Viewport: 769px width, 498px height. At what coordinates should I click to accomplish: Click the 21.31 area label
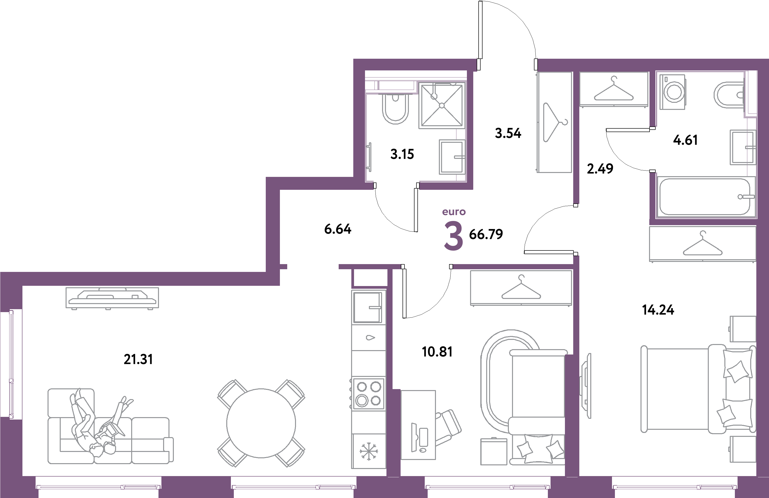[x=138, y=359]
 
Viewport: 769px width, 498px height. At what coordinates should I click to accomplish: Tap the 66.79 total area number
[x=486, y=234]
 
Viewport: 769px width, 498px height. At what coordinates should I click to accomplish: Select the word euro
[x=454, y=212]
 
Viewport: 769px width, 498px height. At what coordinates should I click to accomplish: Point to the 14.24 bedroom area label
[x=658, y=310]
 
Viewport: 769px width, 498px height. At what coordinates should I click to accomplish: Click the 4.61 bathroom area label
[x=685, y=140]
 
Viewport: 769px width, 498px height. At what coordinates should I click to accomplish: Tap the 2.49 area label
[x=600, y=169]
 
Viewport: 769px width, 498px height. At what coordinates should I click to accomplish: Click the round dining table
[x=261, y=423]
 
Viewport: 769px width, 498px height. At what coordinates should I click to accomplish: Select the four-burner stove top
[x=368, y=394]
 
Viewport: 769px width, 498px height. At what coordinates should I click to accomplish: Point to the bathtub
[x=705, y=196]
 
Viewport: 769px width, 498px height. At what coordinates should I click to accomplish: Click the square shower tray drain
[x=442, y=105]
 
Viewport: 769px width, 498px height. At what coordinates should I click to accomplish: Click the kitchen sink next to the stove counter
[x=368, y=307]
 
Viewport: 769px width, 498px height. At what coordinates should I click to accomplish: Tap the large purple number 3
[x=454, y=236]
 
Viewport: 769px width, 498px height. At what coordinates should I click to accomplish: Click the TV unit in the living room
[x=112, y=297]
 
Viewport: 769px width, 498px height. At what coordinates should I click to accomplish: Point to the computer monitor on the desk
[x=414, y=437]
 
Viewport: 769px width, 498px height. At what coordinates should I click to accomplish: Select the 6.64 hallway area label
[x=338, y=229]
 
